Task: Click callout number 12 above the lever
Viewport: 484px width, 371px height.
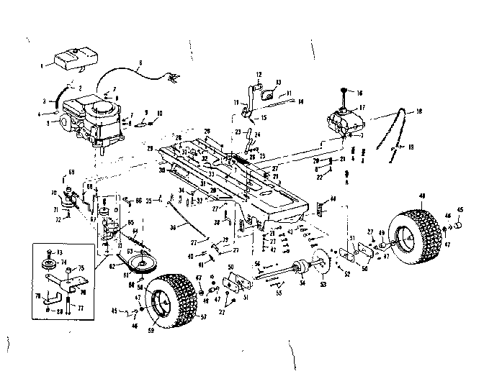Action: coord(260,73)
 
